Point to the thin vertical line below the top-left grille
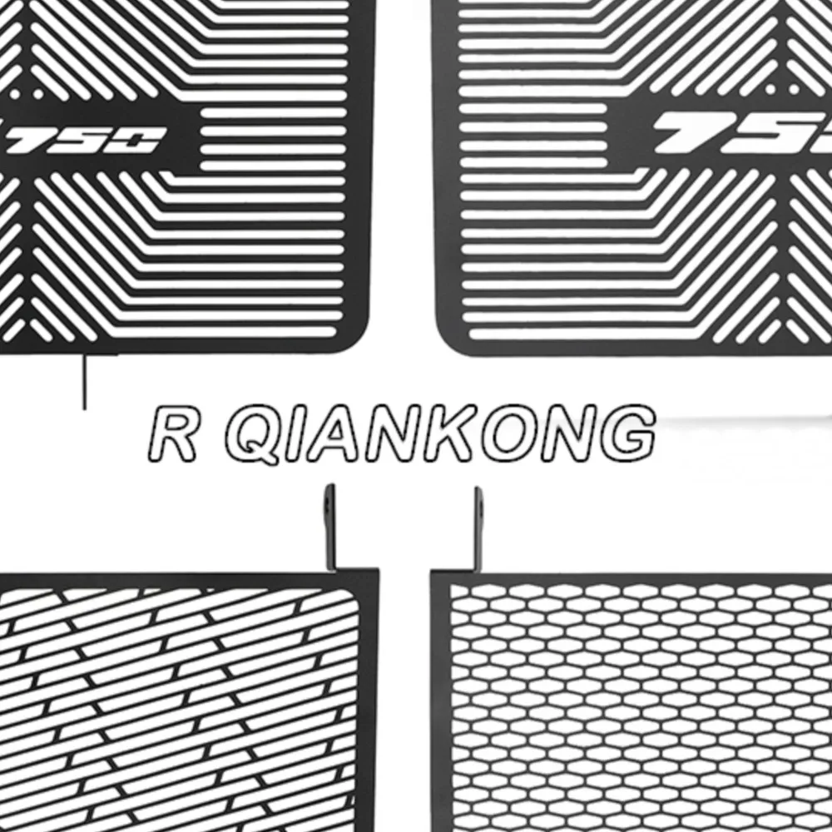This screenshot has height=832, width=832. [x=83, y=383]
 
